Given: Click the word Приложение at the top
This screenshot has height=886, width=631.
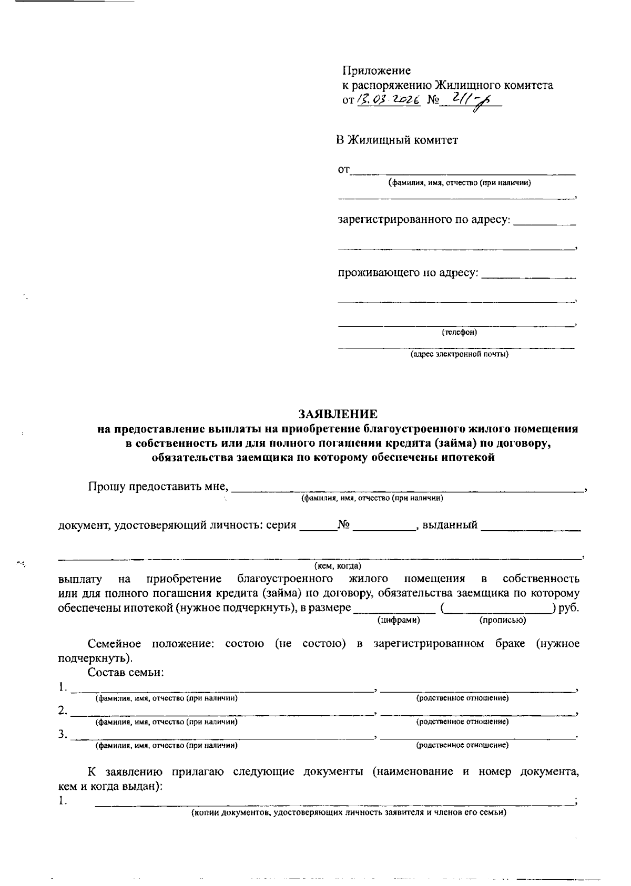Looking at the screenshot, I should pyautogui.click(x=376, y=70).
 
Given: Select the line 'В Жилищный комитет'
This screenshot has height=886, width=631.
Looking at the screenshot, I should pyautogui.click(x=397, y=140).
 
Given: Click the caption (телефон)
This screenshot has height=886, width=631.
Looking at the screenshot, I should pyautogui.click(x=459, y=333).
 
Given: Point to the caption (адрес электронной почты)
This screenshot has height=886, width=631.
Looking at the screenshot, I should pyautogui.click(x=459, y=355).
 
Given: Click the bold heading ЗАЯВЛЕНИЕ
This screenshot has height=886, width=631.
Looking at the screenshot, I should pyautogui.click(x=338, y=414).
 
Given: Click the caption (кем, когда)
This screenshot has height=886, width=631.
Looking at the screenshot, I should pyautogui.click(x=338, y=566).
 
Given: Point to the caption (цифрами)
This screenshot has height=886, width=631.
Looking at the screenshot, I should pyautogui.click(x=399, y=621).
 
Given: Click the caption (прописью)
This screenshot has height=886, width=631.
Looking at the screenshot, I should pyautogui.click(x=503, y=621).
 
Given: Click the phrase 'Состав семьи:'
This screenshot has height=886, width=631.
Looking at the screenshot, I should pyautogui.click(x=126, y=672).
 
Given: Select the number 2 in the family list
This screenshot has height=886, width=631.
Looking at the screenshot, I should pyautogui.click(x=62, y=711).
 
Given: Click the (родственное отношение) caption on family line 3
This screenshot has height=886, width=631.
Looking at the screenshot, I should pyautogui.click(x=462, y=745).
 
